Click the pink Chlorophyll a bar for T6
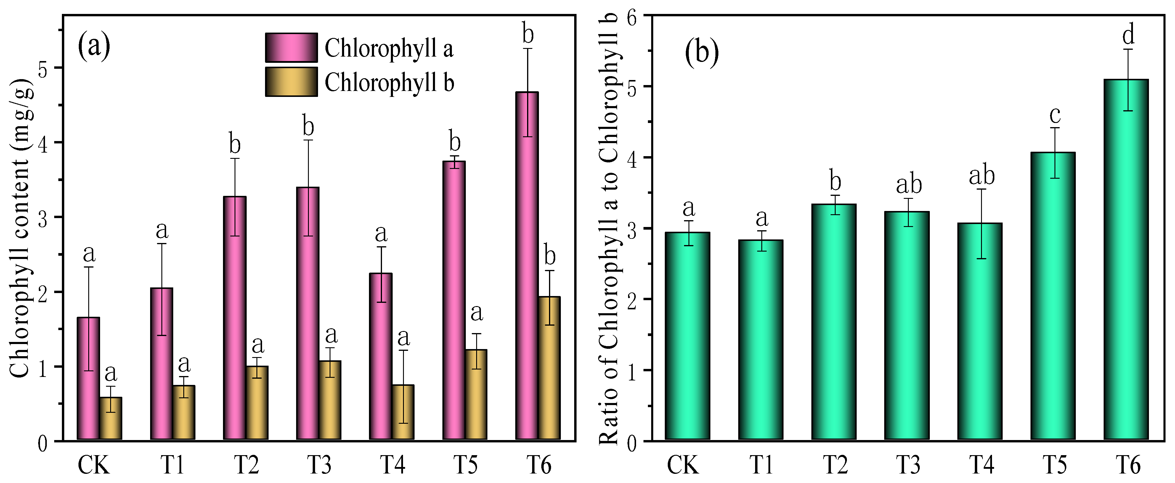point(527,274)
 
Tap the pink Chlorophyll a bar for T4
point(381,356)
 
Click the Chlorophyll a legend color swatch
point(291,47)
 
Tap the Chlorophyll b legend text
point(389,83)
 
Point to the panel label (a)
point(94,46)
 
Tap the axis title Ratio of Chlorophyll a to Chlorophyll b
point(608,228)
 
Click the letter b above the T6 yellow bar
point(550,256)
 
